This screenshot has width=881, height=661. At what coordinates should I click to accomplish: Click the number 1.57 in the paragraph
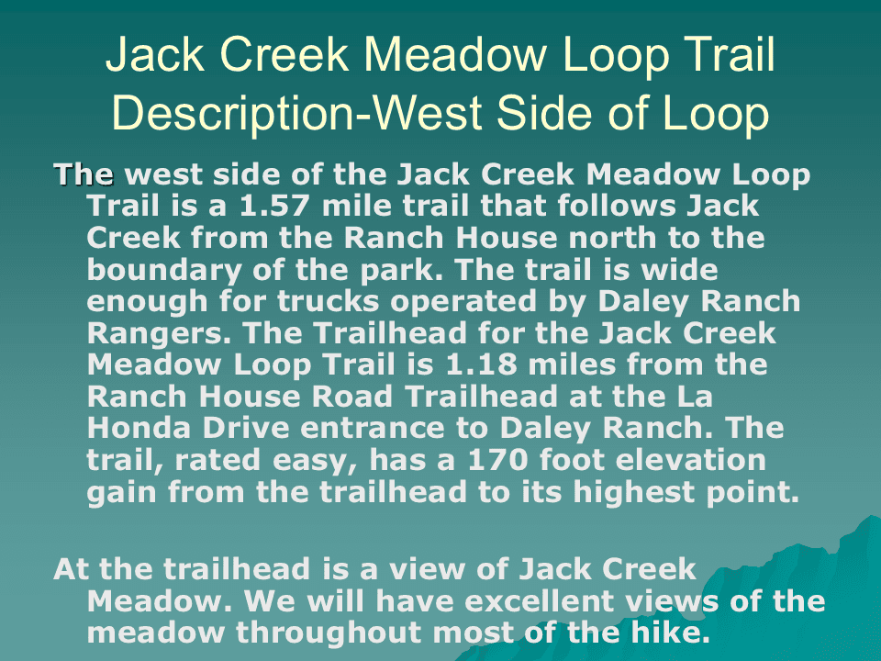pos(274,205)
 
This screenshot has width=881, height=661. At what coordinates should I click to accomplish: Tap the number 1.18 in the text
pos(481,364)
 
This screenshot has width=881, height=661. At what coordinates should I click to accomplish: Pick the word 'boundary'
pos(164,271)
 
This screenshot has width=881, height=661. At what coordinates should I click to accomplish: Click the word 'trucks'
pos(329,301)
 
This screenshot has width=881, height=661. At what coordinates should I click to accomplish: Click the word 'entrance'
pos(373,429)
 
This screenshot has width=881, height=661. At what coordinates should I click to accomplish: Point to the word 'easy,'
pos(315,461)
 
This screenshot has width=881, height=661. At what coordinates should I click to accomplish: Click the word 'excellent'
pos(540,600)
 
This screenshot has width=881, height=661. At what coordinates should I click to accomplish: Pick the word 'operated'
pos(463,302)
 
